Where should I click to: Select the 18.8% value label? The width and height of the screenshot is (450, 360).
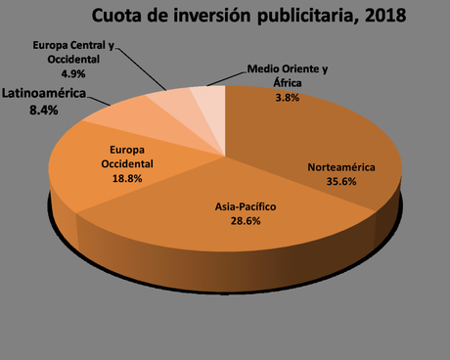[123, 179]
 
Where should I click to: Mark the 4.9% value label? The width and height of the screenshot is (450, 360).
[75, 73]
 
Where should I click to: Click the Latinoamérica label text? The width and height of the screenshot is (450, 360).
[43, 94]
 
